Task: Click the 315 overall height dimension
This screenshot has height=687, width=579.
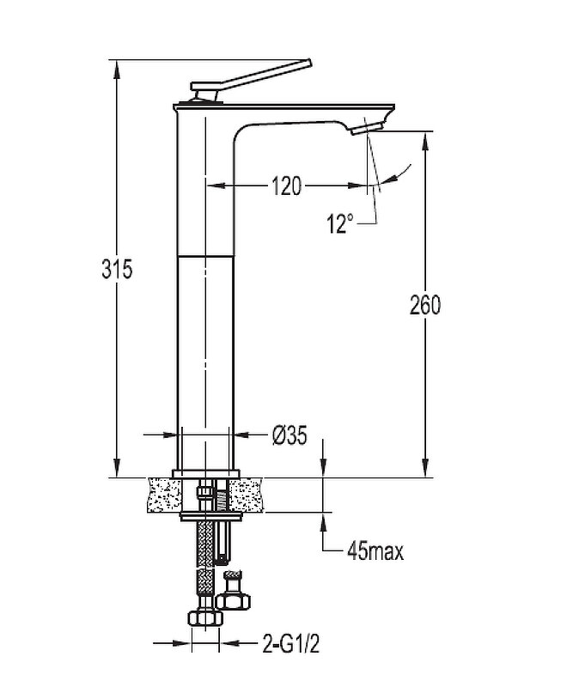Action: pyautogui.click(x=117, y=269)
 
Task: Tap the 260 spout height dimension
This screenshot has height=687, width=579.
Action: pyautogui.click(x=425, y=305)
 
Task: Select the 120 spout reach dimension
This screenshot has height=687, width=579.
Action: pyautogui.click(x=287, y=185)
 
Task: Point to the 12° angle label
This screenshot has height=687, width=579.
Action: pyautogui.click(x=339, y=223)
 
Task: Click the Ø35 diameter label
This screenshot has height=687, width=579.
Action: pyautogui.click(x=289, y=435)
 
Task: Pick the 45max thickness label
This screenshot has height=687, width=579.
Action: pyautogui.click(x=375, y=551)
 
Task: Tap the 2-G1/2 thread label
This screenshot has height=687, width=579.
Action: pyautogui.click(x=291, y=644)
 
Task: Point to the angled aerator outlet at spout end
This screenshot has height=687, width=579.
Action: pyautogui.click(x=368, y=128)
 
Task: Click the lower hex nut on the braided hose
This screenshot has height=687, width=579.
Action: pyautogui.click(x=205, y=618)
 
